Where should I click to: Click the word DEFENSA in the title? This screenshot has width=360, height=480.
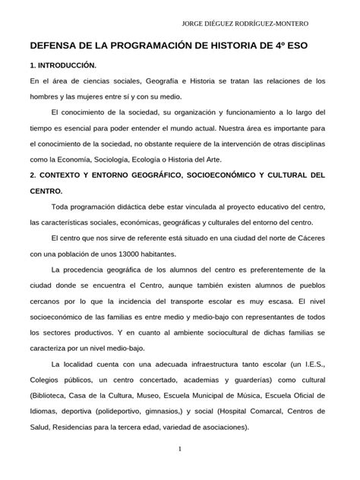click(56, 46)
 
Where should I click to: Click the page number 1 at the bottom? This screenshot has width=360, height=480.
click(179, 450)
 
